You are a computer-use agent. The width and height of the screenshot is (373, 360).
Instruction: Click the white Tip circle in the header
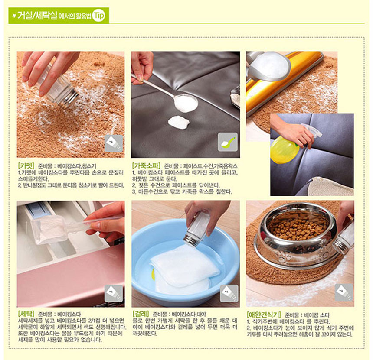coord(98,16)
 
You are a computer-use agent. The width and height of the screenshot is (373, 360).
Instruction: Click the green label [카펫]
coord(26,165)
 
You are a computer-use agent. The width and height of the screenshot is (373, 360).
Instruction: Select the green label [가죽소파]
coord(146,165)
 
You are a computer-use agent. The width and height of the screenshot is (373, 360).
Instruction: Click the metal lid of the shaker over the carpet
coord(70,98)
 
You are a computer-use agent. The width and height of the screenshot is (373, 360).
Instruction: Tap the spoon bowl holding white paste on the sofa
coord(186,103)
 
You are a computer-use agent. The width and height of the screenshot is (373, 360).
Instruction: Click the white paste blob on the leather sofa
coord(179,122)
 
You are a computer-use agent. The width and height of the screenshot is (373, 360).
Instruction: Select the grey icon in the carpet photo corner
coord(114,143)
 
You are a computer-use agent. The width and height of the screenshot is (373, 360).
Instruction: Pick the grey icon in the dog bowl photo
coord(344,292)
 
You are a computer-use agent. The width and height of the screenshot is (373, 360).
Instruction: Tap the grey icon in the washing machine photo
coord(114,293)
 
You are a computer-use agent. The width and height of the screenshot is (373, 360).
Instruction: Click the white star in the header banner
coord(14,16)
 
